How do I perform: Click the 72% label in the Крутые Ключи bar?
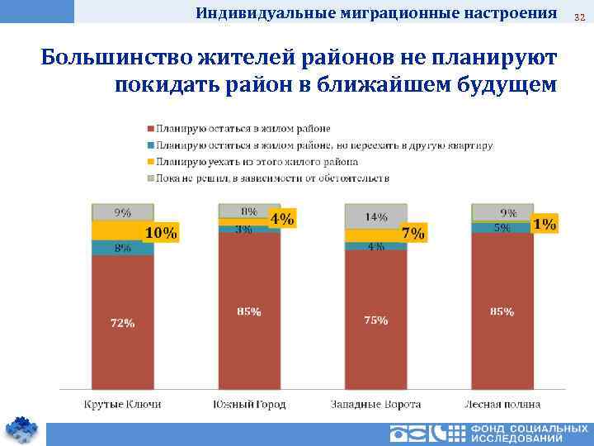tap(123, 323)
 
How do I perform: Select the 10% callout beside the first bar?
tap(161, 233)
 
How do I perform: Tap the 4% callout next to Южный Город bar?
tap(281, 219)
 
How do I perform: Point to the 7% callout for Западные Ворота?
tap(412, 233)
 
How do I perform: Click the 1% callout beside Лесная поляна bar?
tap(544, 224)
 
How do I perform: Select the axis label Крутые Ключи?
tap(123, 404)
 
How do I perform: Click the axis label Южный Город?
tap(249, 404)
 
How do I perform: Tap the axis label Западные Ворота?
tap(376, 404)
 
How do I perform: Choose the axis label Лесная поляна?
tap(502, 404)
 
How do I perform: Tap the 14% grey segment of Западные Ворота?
tap(376, 216)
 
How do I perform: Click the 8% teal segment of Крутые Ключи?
tap(123, 247)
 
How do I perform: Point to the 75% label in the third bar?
tap(376, 320)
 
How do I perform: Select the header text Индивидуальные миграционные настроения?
tap(376, 13)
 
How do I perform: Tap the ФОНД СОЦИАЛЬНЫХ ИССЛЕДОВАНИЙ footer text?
tap(529, 434)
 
